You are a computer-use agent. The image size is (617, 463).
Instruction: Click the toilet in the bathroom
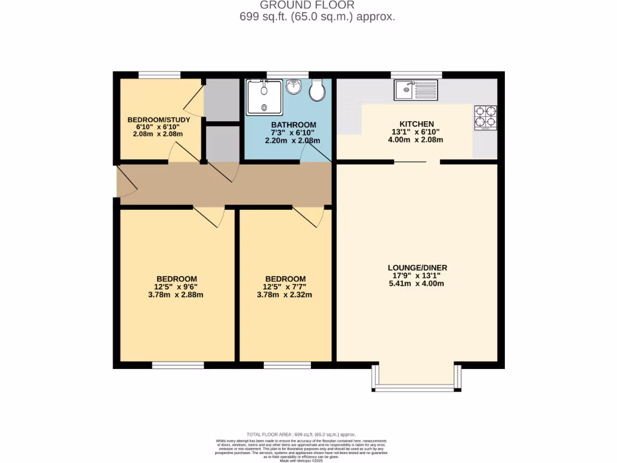[x=317, y=90]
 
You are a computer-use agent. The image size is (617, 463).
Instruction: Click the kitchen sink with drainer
[x=416, y=90]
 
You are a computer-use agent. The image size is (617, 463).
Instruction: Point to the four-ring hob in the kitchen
[x=486, y=118]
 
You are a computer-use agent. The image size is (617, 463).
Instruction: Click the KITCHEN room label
[x=417, y=124]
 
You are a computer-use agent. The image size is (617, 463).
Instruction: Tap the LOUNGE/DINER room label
[x=417, y=268]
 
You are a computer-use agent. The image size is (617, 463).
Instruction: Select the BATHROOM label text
[x=293, y=125]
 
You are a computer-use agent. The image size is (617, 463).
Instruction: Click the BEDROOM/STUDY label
[x=159, y=119]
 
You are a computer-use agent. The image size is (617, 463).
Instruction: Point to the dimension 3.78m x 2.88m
[x=177, y=295]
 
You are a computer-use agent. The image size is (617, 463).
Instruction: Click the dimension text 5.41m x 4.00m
[x=417, y=283]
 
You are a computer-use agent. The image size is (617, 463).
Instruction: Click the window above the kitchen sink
[x=416, y=75]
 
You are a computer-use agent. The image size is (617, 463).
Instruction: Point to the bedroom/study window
[x=160, y=75]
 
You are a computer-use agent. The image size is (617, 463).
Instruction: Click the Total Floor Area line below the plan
[x=301, y=434]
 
